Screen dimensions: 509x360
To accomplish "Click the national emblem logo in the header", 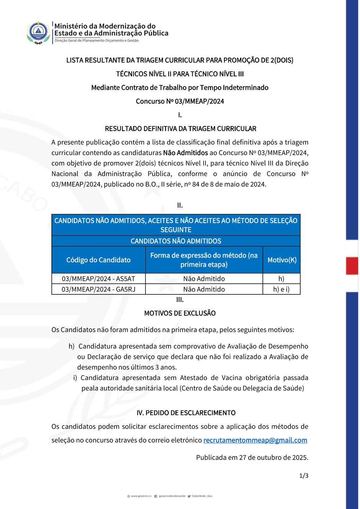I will tap(38, 32).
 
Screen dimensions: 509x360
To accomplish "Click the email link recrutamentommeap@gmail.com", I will tap(255, 440).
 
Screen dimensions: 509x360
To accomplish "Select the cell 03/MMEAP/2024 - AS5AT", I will tap(98, 279).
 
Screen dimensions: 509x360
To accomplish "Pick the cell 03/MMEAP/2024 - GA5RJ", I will tap(98, 289).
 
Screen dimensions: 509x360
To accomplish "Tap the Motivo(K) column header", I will tap(282, 260).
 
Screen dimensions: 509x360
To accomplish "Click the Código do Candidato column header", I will tap(98, 260).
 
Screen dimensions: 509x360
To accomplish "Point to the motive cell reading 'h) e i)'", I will tap(281, 289).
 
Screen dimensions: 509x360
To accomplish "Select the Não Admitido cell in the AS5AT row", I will tap(204, 279).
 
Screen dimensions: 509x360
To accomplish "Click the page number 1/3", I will tap(303, 476).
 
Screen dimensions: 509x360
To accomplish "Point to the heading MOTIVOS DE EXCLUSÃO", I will tap(180, 313).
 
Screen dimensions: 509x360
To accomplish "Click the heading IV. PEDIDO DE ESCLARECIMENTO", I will tap(186, 413).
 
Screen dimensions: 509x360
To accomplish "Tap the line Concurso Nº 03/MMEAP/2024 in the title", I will tap(180, 102).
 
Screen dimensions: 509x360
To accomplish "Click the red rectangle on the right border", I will tap(352, 266).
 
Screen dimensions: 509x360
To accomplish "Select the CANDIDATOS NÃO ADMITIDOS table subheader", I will tap(176, 241).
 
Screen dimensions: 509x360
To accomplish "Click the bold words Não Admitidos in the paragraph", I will tap(185, 153).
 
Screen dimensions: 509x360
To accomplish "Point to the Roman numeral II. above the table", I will tap(180, 206).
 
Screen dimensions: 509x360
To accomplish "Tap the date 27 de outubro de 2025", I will tap(273, 458).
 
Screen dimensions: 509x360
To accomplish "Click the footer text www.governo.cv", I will tap(141, 496).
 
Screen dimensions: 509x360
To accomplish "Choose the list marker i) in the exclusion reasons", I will tap(75, 378).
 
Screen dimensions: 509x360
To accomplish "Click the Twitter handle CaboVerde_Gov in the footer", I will tap(202, 496).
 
